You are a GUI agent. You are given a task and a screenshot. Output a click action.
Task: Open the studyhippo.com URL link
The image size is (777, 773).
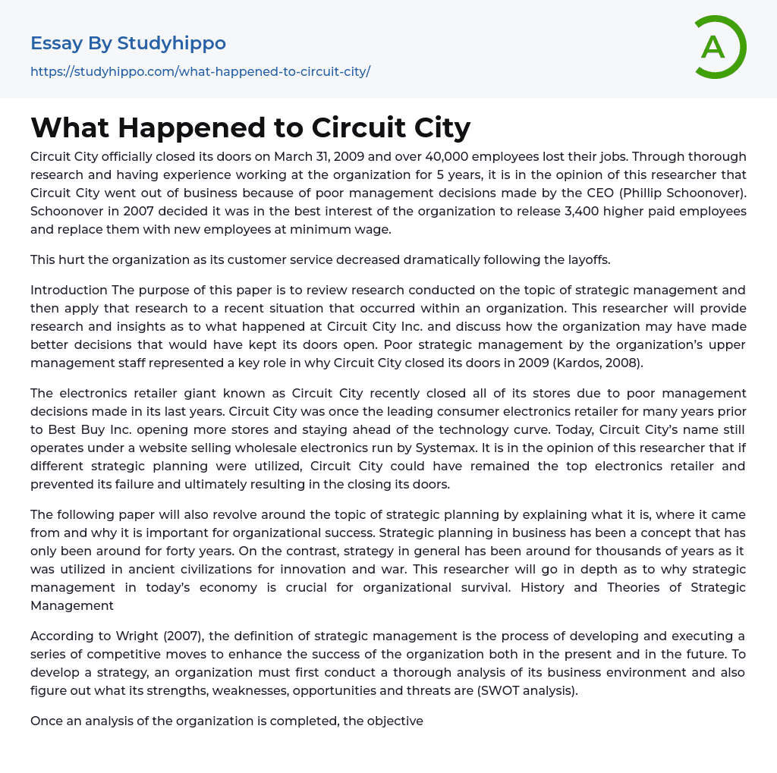[200, 72]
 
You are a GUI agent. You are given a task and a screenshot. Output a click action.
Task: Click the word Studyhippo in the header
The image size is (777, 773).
[171, 43]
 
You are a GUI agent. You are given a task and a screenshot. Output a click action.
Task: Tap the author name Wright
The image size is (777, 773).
[134, 636]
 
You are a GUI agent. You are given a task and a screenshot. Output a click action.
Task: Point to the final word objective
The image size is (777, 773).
[395, 721]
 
